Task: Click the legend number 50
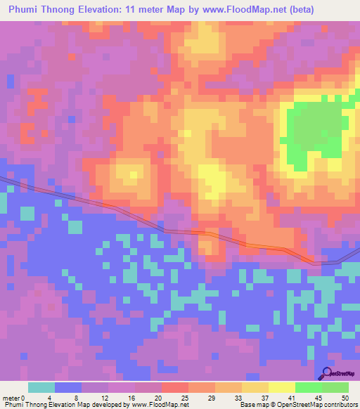click(x=345, y=398)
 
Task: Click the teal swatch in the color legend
click(x=41, y=387)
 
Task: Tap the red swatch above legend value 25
click(x=174, y=387)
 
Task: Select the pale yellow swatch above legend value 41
click(x=282, y=387)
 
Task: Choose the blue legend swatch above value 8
click(x=68, y=387)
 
